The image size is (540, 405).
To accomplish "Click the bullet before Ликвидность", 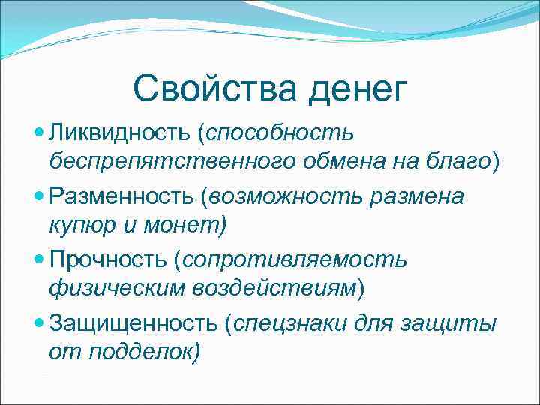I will click(40, 133).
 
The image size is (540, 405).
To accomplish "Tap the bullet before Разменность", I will click(40, 196).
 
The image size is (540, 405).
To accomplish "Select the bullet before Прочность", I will click(40, 260).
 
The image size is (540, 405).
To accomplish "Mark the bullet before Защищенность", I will click(40, 324).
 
